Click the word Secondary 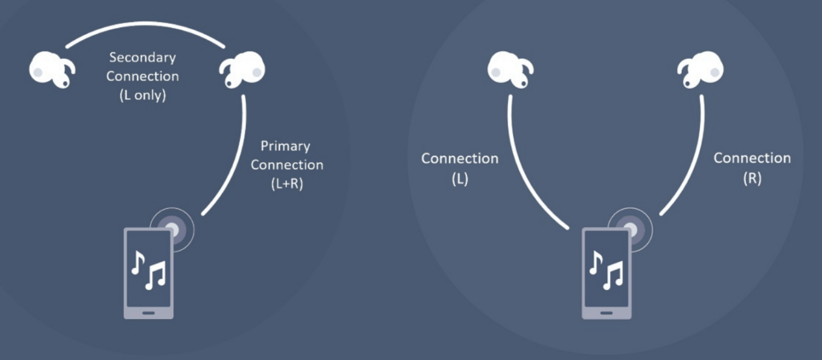[x=142, y=58]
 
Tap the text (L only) [x=143, y=95]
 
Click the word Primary [x=285, y=146]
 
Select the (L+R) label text [x=287, y=184]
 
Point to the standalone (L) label [x=459, y=180]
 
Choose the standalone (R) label [x=752, y=178]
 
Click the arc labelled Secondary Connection [x=146, y=27]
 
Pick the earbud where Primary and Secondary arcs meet [x=243, y=69]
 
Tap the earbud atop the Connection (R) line [x=701, y=69]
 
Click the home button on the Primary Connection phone [x=149, y=311]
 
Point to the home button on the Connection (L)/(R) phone [x=607, y=311]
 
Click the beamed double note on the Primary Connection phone [x=156, y=275]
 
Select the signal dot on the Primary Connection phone [x=172, y=230]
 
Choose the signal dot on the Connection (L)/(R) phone [x=630, y=228]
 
